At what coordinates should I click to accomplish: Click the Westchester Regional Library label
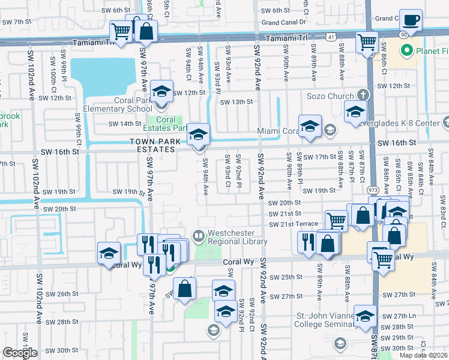click(237, 237)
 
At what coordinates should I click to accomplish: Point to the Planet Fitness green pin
click(406, 51)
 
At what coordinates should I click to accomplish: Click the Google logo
click(20, 353)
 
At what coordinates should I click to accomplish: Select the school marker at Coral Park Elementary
click(161, 92)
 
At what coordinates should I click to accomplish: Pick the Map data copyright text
click(423, 355)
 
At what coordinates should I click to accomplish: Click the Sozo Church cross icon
click(363, 95)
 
